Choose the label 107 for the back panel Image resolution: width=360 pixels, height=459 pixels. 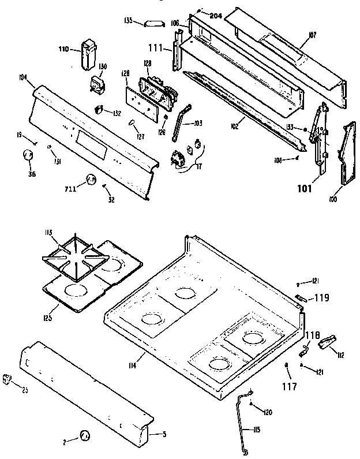point(312,35)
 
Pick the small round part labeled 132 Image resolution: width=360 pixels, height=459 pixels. point(99,109)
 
